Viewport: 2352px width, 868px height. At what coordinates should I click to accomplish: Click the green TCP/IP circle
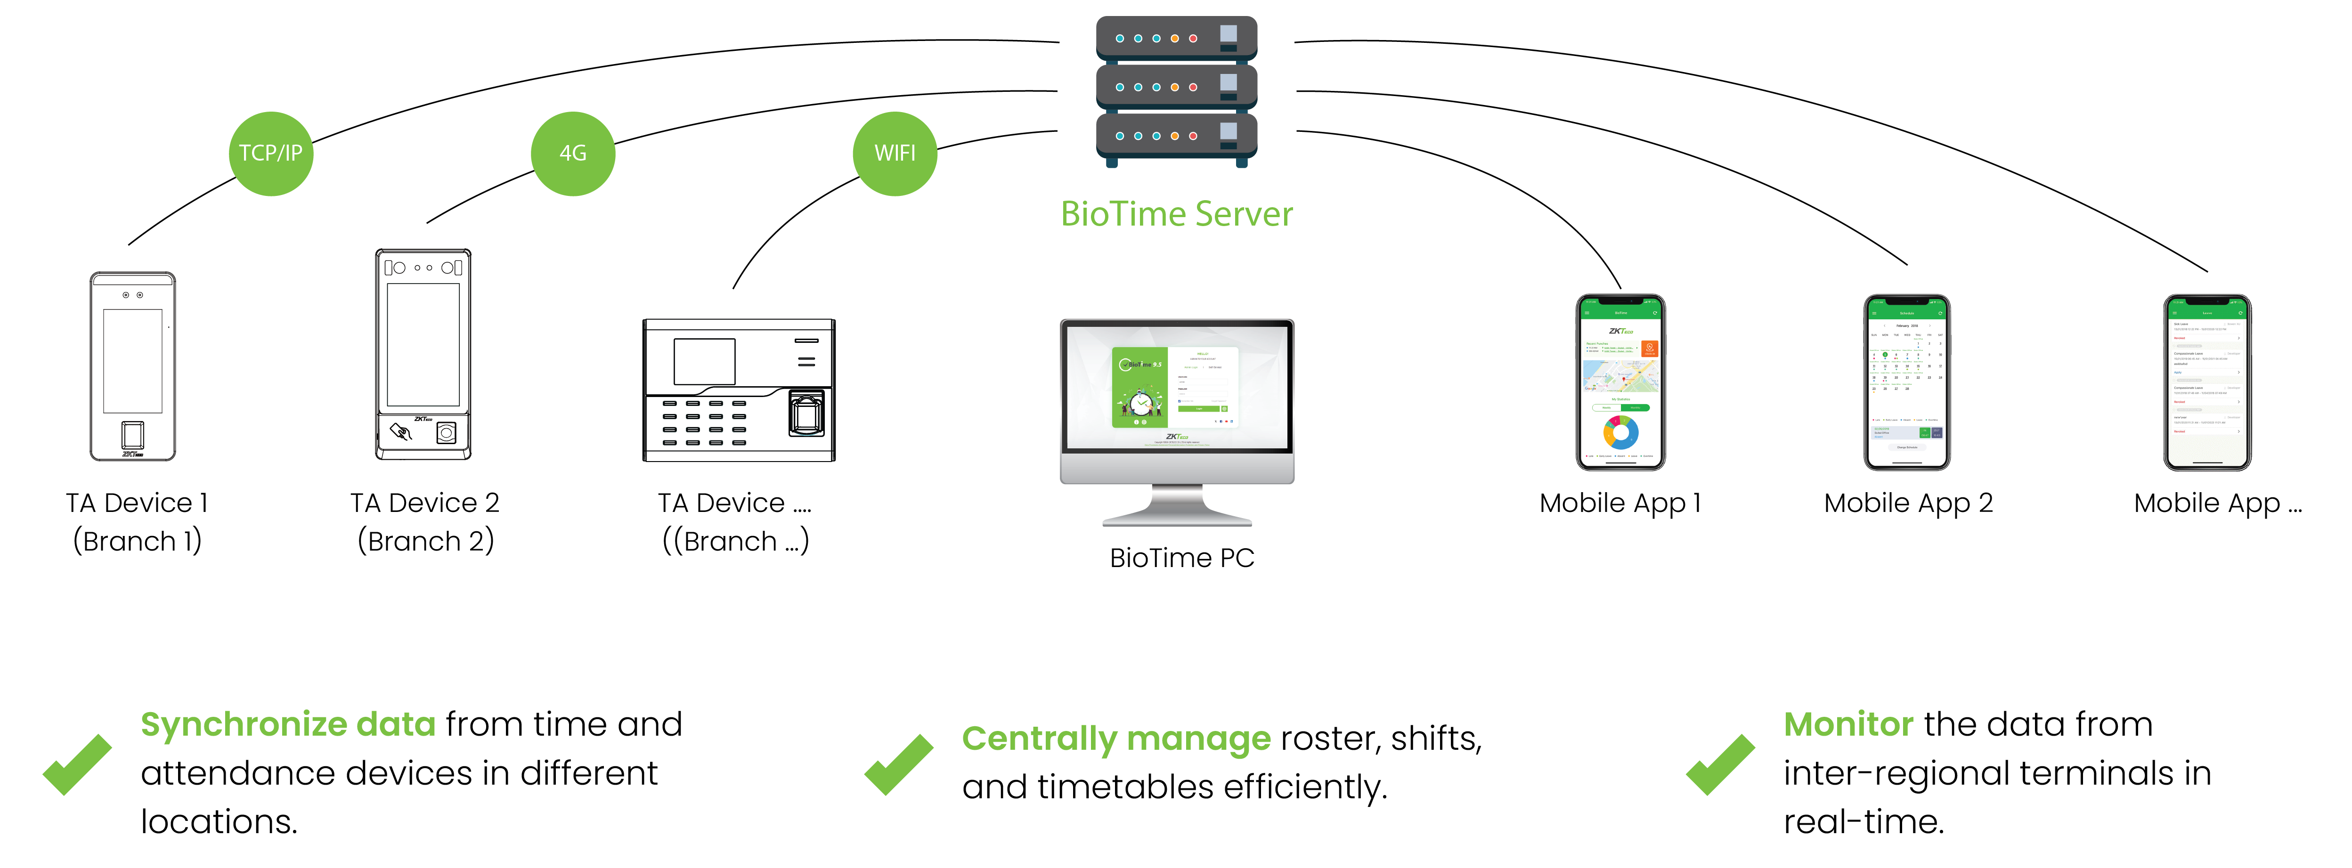pos(270,154)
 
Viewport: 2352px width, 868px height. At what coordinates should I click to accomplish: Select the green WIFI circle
pos(895,154)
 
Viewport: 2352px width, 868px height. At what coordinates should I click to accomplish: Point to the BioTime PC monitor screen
pos(1176,388)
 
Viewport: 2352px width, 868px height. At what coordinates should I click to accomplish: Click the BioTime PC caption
pos(1181,558)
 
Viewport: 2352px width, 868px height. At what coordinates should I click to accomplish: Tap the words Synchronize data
pos(288,725)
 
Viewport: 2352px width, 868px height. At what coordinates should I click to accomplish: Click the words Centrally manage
pos(1116,738)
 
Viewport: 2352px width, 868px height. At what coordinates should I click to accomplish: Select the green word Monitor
pos(1848,725)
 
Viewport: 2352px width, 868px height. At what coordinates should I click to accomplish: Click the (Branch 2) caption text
pos(425,541)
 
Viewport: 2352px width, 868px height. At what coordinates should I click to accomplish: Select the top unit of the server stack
pos(1176,38)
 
